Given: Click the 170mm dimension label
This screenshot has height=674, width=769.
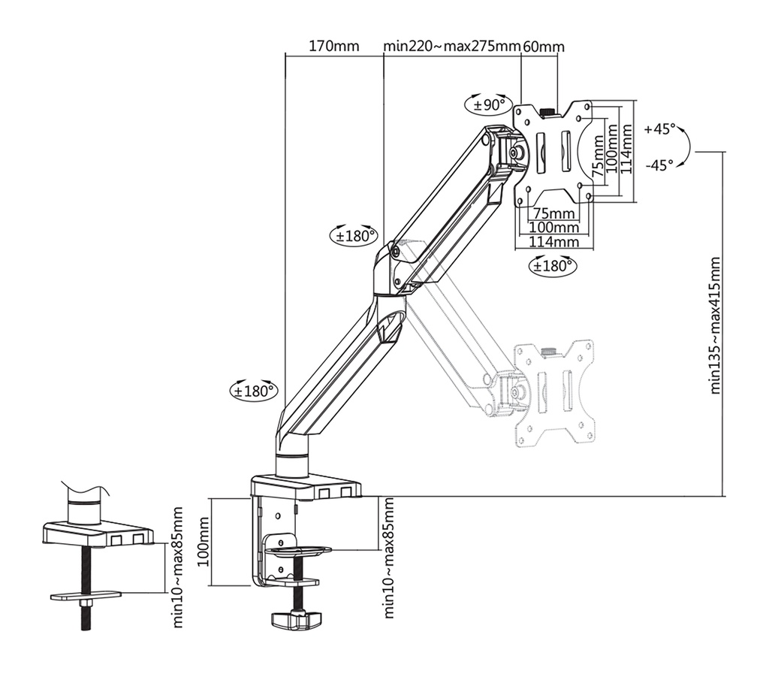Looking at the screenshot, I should (x=334, y=47).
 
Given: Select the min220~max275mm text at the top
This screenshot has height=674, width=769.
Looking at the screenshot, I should (x=451, y=47).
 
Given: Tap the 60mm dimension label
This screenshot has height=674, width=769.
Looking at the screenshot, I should (x=543, y=47).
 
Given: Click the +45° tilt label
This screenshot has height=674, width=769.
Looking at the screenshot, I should (x=659, y=128).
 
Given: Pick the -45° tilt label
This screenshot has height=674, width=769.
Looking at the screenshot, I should (x=659, y=165).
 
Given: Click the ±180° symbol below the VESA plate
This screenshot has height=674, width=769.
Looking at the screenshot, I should (x=553, y=264).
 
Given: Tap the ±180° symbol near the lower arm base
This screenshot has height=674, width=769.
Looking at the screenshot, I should (x=254, y=391).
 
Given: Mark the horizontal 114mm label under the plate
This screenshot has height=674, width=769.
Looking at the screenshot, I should (x=553, y=242).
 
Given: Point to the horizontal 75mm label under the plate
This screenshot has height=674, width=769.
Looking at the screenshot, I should (x=553, y=213).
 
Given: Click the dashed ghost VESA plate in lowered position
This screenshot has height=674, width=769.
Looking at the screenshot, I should (x=553, y=394).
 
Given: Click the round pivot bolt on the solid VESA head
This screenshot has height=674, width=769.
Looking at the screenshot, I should (x=517, y=151).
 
